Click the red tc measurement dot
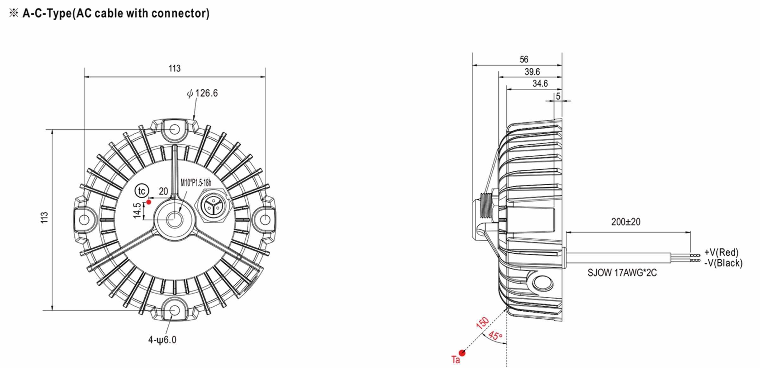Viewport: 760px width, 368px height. click(x=149, y=202)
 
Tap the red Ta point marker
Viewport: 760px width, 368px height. click(x=462, y=353)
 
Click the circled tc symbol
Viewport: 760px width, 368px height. click(x=142, y=191)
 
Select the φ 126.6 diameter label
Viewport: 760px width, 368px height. click(x=202, y=93)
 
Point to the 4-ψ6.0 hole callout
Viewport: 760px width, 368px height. click(x=162, y=340)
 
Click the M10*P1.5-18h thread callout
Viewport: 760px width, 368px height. click(x=196, y=183)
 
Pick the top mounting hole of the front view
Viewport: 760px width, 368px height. click(x=174, y=129)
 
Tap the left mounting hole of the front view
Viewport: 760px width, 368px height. click(x=84, y=219)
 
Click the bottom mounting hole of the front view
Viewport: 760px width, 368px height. click(x=174, y=310)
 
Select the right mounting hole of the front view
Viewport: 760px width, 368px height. click(x=265, y=219)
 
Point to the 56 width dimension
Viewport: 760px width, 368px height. click(x=524, y=59)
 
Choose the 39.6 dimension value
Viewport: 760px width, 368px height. click(x=532, y=72)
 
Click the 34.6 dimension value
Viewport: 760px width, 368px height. click(x=540, y=84)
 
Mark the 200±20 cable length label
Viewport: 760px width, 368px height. click(x=625, y=222)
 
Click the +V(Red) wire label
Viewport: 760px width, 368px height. click(x=721, y=252)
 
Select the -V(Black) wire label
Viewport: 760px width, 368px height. click(x=723, y=263)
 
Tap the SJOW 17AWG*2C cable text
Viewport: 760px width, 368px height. click(x=622, y=273)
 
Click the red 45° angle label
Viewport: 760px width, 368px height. click(x=495, y=336)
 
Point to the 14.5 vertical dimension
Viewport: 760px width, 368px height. click(x=137, y=211)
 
